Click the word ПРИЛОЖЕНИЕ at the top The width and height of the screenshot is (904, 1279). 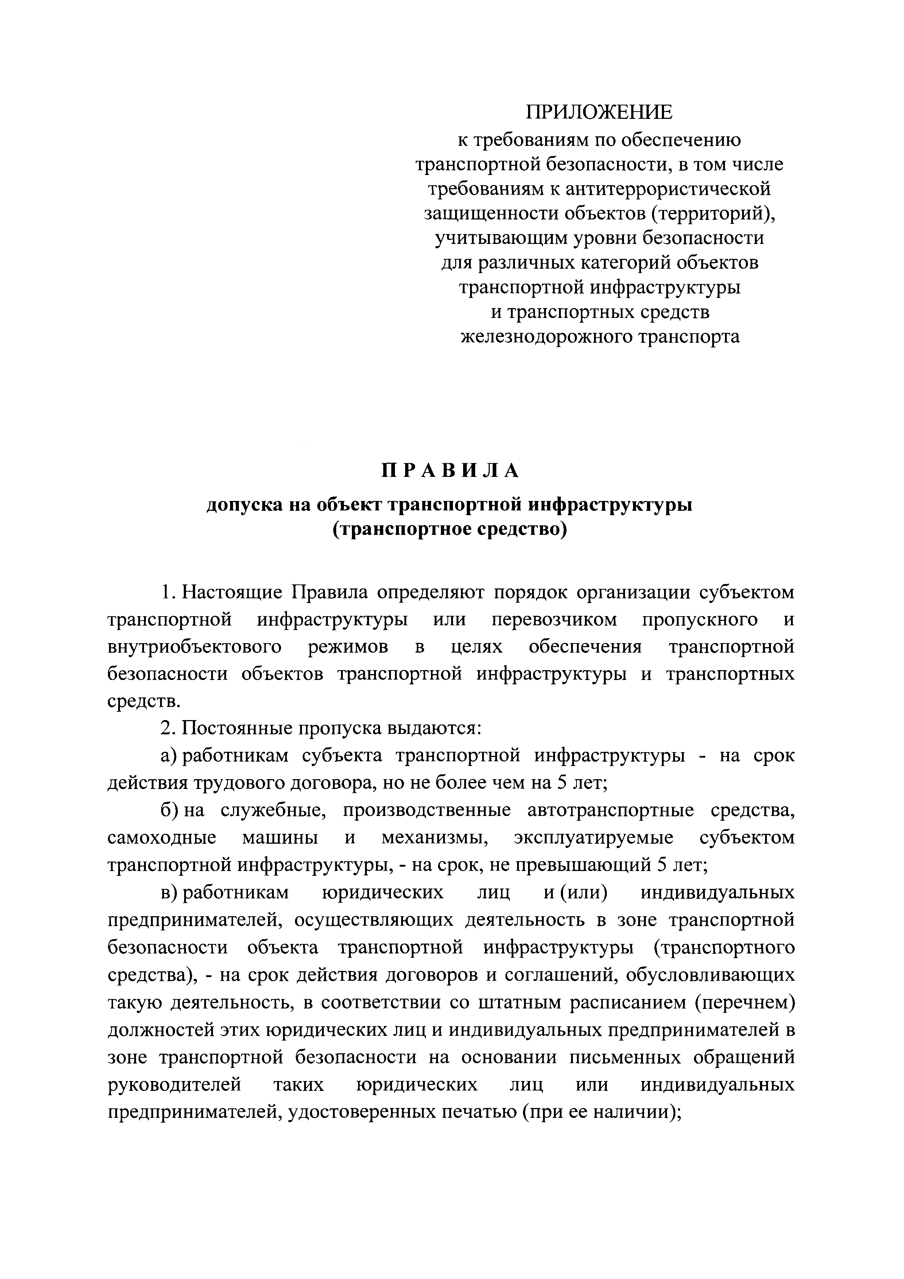click(600, 113)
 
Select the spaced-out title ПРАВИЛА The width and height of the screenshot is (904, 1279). click(450, 471)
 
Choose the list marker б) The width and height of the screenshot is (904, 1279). click(169, 810)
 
